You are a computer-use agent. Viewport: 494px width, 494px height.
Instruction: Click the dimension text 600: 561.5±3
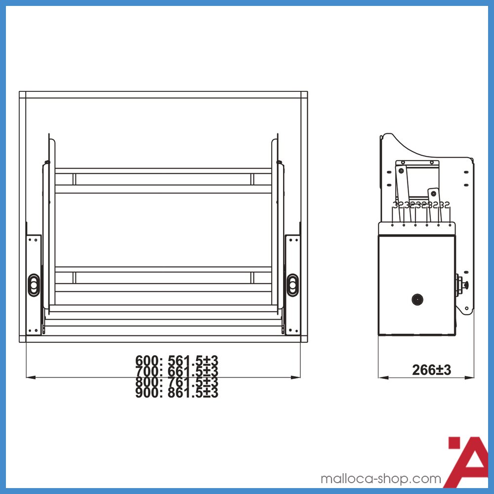[x=176, y=360]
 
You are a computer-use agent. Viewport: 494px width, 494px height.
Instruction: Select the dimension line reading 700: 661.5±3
[x=176, y=371]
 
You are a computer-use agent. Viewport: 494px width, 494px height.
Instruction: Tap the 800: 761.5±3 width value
[x=176, y=382]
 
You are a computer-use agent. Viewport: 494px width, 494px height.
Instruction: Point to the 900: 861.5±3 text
[x=176, y=393]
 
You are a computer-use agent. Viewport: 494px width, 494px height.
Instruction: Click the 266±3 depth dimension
[x=431, y=370]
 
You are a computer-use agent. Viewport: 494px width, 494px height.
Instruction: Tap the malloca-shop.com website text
[x=380, y=479]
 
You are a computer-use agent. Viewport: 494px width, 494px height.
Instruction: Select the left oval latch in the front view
[x=33, y=284]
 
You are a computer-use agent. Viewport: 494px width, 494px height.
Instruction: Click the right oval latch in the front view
[x=292, y=284]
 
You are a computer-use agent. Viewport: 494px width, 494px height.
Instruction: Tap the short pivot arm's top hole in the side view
[x=433, y=192]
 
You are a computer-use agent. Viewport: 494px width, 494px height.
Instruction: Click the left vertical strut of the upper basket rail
[x=74, y=179]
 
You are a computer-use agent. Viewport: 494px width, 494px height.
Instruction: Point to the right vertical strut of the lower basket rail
[x=252, y=278]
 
